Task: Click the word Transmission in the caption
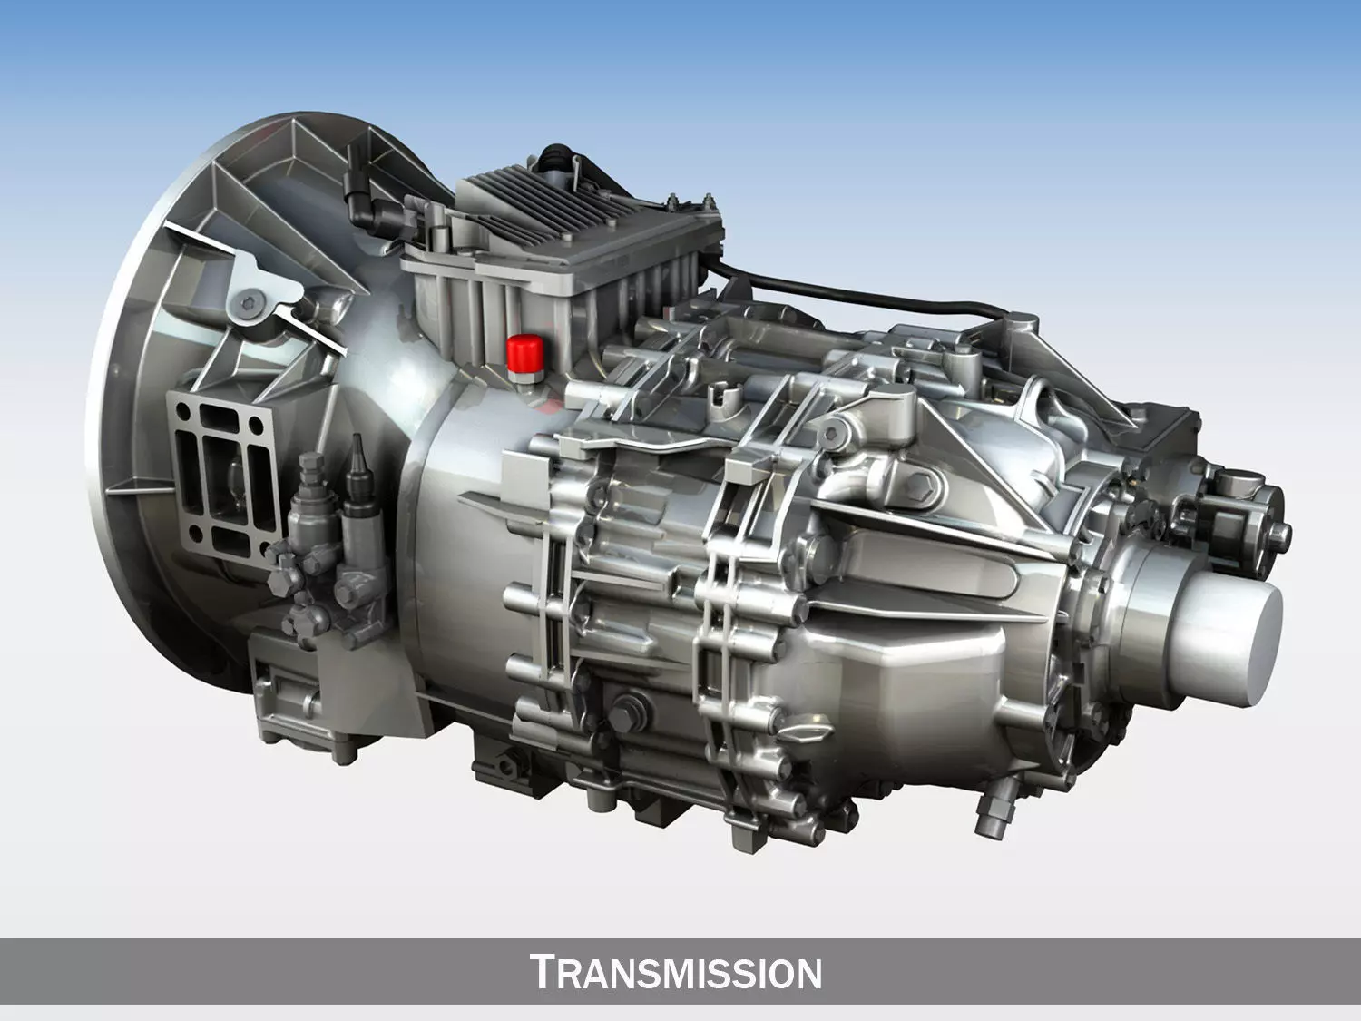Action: [676, 972]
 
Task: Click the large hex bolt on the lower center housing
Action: [629, 708]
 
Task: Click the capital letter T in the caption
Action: [542, 971]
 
